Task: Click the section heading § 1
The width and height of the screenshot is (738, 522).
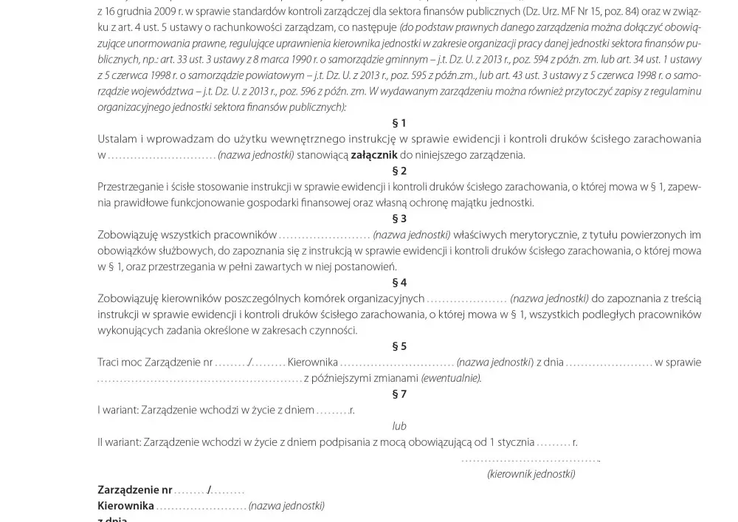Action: pos(399,123)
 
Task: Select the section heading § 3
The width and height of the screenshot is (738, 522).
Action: pos(399,219)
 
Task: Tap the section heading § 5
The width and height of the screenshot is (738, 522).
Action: pos(399,346)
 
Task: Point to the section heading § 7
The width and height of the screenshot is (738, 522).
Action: pos(399,394)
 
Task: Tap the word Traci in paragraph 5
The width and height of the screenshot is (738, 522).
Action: pos(108,363)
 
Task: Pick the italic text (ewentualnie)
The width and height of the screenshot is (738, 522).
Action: pos(451,379)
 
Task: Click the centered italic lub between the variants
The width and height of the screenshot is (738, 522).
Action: pos(399,426)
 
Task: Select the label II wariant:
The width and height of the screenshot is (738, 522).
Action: pos(117,442)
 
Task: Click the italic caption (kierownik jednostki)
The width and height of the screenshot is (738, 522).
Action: pos(531,474)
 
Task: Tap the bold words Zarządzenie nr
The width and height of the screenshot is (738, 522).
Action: pos(135,490)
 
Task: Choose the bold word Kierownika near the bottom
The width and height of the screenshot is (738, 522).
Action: pos(125,506)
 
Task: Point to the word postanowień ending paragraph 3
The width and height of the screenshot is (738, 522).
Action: pos(368,267)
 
